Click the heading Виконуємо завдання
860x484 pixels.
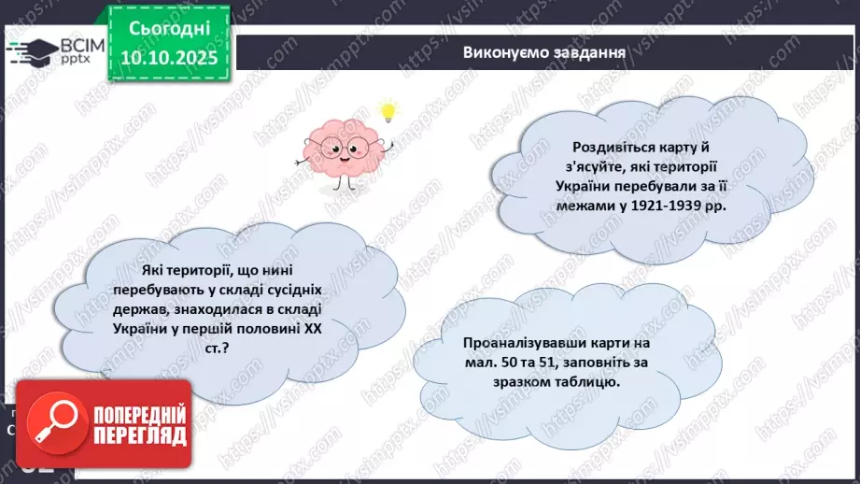(543, 52)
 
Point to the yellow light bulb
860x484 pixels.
(388, 112)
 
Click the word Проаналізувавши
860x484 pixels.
(517, 343)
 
